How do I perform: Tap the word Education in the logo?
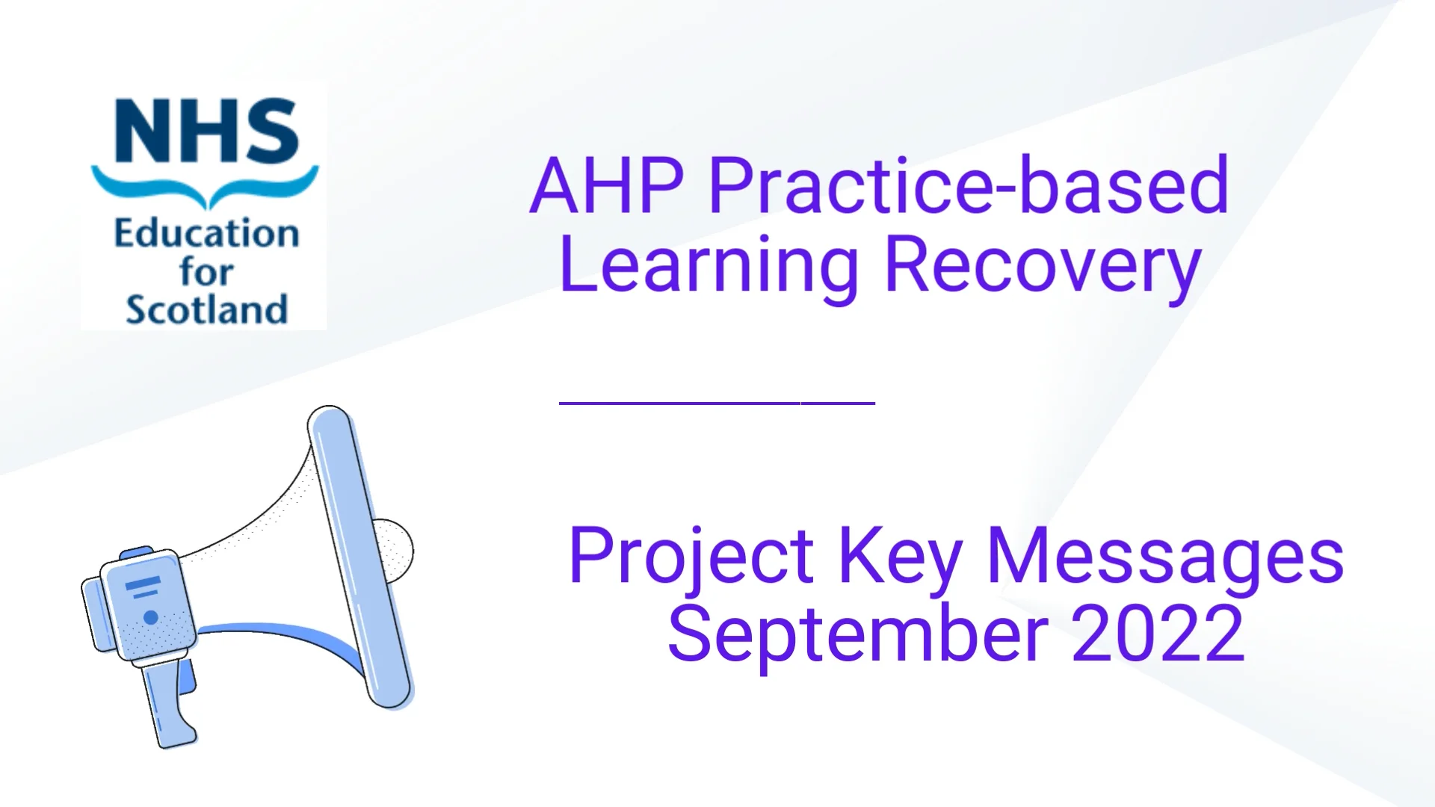pos(206,234)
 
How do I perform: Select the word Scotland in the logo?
pos(206,309)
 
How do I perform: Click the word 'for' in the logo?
pos(206,271)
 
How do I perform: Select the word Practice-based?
pos(968,187)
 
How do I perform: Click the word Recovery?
pos(1042,266)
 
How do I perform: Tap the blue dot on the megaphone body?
pos(150,617)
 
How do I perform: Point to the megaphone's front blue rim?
pos(360,557)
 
